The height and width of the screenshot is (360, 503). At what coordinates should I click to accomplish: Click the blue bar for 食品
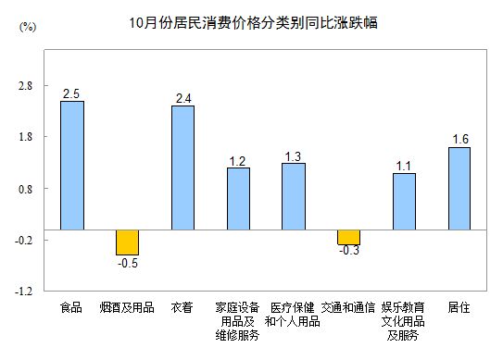tap(71, 165)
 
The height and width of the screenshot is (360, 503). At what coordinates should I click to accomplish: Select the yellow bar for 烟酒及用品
tap(127, 242)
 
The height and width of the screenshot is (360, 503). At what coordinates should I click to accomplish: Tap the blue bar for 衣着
tap(182, 168)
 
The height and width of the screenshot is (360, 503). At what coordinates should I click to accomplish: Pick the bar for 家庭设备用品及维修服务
tap(238, 198)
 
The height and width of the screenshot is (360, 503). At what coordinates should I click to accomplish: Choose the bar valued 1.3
tap(294, 195)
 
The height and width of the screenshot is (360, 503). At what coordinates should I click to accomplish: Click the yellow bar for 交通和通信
tap(348, 236)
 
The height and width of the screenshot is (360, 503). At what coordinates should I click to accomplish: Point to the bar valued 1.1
tap(404, 201)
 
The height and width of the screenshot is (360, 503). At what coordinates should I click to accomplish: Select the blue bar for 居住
tap(459, 188)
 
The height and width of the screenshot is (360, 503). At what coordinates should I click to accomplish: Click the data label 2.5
tap(71, 93)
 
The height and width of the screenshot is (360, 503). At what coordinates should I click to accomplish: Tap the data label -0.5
tap(126, 263)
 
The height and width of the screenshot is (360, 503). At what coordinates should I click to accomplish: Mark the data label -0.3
tap(348, 252)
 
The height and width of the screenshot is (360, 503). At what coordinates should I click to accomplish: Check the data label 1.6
tap(459, 140)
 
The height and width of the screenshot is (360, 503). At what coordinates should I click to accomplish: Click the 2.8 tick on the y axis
tap(25, 86)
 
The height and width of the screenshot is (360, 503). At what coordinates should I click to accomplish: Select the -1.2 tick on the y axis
tap(23, 291)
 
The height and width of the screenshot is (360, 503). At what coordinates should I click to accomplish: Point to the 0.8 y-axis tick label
tap(25, 189)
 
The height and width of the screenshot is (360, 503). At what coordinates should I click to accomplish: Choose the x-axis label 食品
tap(71, 306)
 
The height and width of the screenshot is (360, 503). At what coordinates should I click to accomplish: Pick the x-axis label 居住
tap(459, 306)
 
